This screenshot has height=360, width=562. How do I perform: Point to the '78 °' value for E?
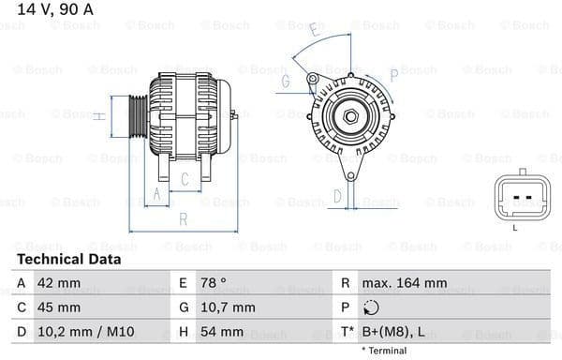[x=214, y=282]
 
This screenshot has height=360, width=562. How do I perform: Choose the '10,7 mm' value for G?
[x=228, y=307]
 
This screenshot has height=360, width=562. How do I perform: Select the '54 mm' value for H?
[x=222, y=331]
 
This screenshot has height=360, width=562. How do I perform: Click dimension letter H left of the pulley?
[x=98, y=116]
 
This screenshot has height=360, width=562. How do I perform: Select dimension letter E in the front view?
[x=315, y=32]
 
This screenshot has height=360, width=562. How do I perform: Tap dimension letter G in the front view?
[x=285, y=82]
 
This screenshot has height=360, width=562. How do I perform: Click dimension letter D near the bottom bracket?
[x=338, y=197]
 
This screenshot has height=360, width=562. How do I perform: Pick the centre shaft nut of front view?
[x=350, y=116]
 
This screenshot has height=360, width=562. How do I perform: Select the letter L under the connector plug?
[x=515, y=227]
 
